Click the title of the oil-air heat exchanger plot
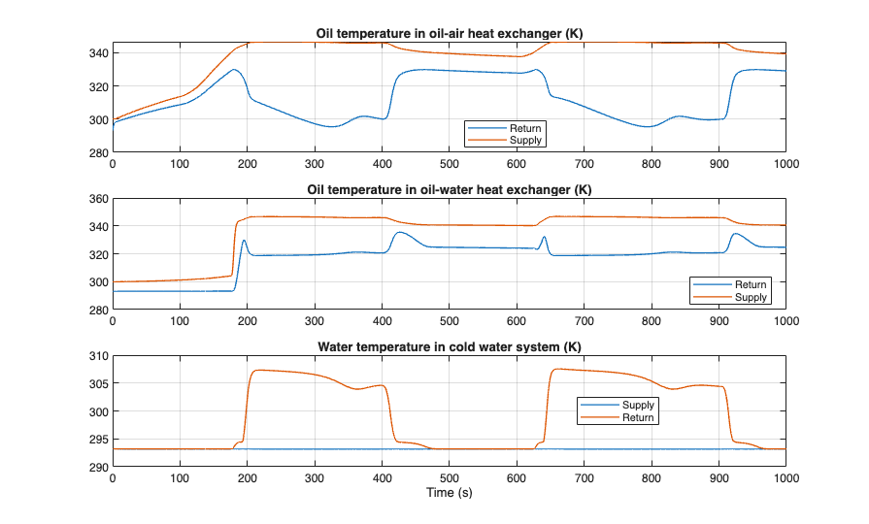[x=449, y=34]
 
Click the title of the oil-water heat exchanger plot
[x=449, y=188]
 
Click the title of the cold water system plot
[x=449, y=346]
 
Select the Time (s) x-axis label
[x=449, y=493]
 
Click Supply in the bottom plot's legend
[x=638, y=405]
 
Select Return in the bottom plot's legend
[x=638, y=417]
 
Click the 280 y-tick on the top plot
[x=98, y=153]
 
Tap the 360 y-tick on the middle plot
[x=98, y=199]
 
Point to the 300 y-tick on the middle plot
[x=98, y=282]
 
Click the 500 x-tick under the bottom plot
[x=449, y=478]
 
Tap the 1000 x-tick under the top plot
[x=785, y=165]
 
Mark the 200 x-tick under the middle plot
[x=248, y=321]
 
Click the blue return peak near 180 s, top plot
[x=234, y=70]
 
